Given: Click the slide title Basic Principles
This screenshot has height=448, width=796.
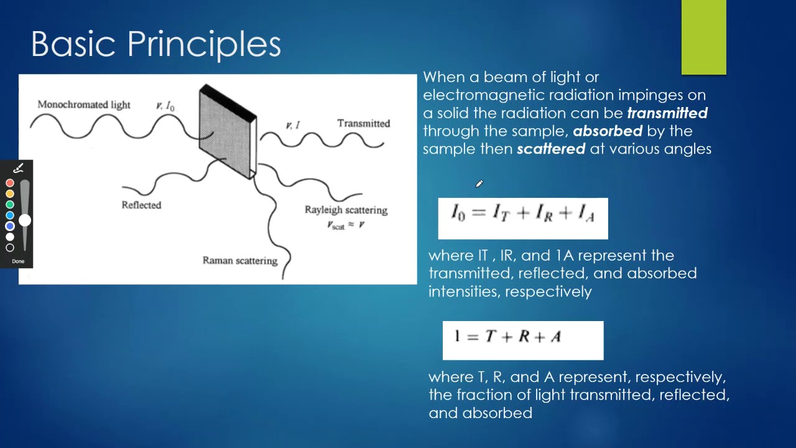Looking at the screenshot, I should [x=156, y=44].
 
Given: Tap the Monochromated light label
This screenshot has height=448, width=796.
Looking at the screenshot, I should [x=84, y=105].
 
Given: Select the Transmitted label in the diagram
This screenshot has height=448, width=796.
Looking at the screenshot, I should [x=363, y=123].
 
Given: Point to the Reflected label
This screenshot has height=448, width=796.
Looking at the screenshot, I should [x=141, y=205].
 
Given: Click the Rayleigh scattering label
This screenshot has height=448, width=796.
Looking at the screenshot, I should [x=346, y=210].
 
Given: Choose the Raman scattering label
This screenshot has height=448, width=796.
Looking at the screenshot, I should [x=239, y=260].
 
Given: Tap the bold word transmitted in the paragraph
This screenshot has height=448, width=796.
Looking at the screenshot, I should [x=667, y=113].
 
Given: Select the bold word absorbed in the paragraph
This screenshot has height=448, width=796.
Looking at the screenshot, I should [x=607, y=131].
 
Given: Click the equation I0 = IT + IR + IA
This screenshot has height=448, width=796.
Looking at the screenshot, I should [x=522, y=214].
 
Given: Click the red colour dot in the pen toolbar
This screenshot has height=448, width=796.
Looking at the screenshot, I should [x=10, y=183].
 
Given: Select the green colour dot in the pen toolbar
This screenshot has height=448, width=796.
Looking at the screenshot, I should [x=10, y=204].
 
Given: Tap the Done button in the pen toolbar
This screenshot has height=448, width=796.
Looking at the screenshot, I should [x=18, y=261].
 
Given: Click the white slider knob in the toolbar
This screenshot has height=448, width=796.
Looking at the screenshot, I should [x=25, y=220].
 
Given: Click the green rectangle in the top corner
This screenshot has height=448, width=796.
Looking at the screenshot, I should [x=703, y=37].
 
